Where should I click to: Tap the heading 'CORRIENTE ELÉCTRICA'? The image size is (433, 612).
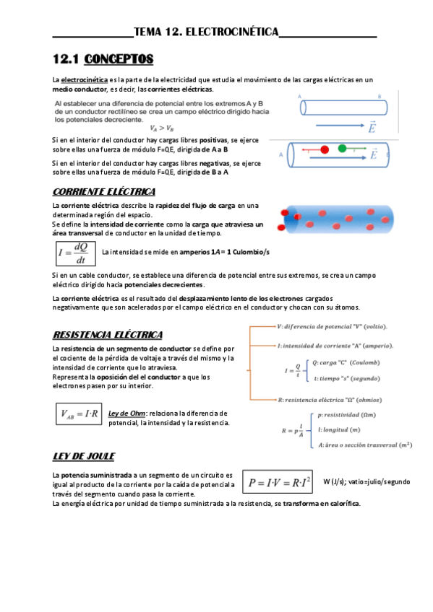[104, 191]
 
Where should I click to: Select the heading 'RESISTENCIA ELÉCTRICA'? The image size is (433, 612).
[108, 335]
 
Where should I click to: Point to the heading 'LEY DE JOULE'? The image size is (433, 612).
[84, 456]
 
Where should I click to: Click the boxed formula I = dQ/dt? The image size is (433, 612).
[75, 252]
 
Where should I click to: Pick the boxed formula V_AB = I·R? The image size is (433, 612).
[78, 414]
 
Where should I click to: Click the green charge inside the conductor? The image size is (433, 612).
[341, 149]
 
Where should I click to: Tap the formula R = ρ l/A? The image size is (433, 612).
[292, 431]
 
